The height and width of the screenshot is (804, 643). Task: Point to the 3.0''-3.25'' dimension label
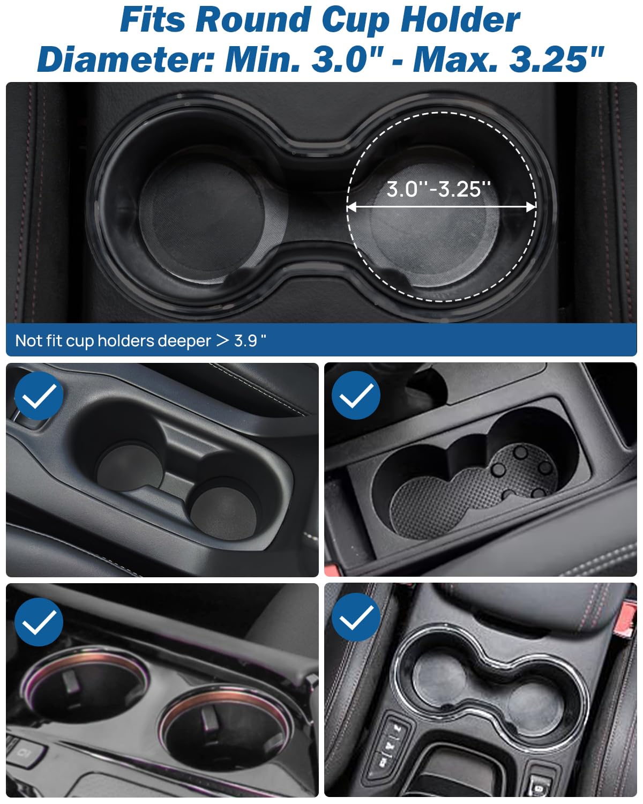tap(439, 189)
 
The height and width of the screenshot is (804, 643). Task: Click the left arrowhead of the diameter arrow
tap(352, 207)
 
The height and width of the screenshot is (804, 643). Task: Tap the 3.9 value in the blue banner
tap(246, 341)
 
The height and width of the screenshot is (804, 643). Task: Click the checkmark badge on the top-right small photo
tap(356, 396)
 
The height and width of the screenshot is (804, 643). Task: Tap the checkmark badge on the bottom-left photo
tap(39, 622)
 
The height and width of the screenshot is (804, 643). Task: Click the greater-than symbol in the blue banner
tap(222, 340)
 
